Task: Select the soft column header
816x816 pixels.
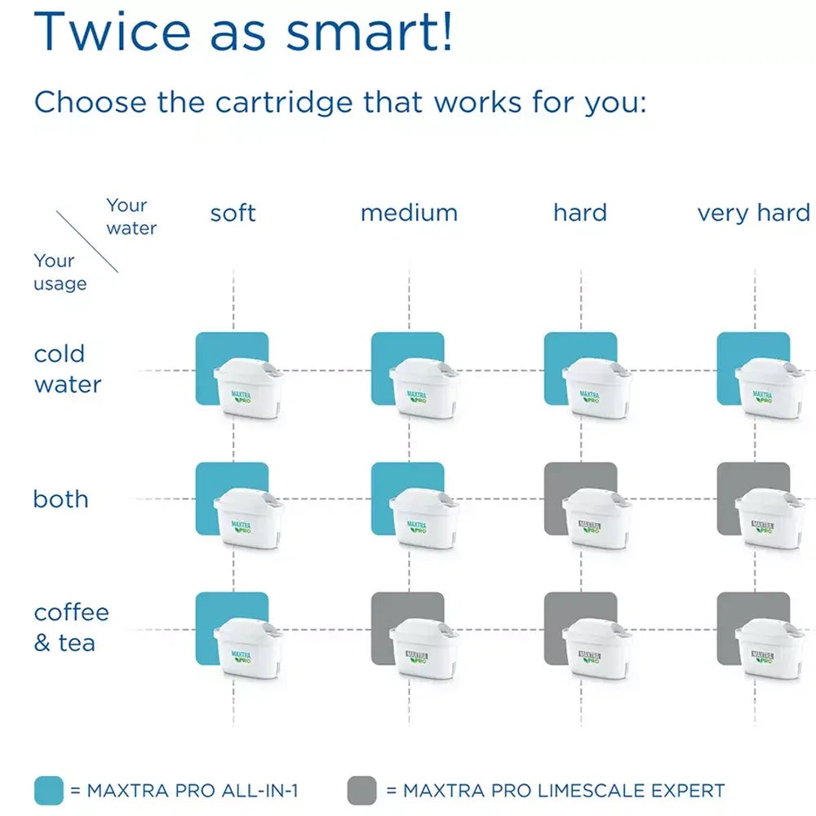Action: (x=233, y=213)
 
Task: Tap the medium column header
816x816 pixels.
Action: (x=409, y=213)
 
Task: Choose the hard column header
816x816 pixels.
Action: (x=580, y=213)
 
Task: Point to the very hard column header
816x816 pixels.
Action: (x=753, y=213)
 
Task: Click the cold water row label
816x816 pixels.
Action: (x=68, y=369)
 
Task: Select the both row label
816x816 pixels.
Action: (x=60, y=499)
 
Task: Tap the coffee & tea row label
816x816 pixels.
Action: (x=71, y=628)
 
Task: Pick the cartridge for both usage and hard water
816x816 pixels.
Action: (x=596, y=518)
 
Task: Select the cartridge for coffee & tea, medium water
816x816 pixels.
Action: (x=424, y=649)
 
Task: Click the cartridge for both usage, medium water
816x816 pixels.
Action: (x=424, y=518)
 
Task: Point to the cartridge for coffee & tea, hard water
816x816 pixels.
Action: (x=596, y=649)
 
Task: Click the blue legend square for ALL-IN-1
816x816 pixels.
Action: (x=48, y=790)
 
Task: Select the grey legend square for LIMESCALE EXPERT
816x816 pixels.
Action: (x=361, y=790)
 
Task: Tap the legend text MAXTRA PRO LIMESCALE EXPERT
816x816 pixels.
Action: (x=563, y=790)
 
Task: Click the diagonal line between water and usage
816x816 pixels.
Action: (x=86, y=242)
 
